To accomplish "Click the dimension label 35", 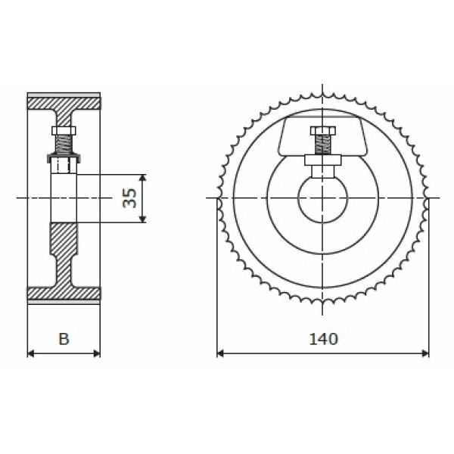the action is coord(129,198).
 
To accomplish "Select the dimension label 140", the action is coord(323,339).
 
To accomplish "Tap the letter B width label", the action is coord(64,339).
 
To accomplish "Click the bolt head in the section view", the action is coord(64,131).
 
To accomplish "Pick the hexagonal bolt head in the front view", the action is coord(323,131).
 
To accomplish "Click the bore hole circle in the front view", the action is coord(298,198).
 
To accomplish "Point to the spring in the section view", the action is coord(64,145).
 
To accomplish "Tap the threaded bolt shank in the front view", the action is coord(323,145).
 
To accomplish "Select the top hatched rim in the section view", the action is coord(64,104).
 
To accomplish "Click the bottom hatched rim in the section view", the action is coord(64,294).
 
